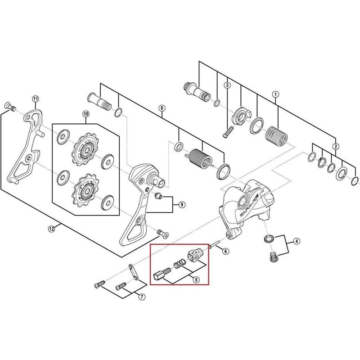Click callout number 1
click(x=275, y=94)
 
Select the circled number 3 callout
click(x=228, y=85)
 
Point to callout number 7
click(x=142, y=297)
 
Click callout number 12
click(x=51, y=229)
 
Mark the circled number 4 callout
click(x=297, y=242)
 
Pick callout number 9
click(x=182, y=205)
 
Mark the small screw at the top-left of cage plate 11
click(x=9, y=106)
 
